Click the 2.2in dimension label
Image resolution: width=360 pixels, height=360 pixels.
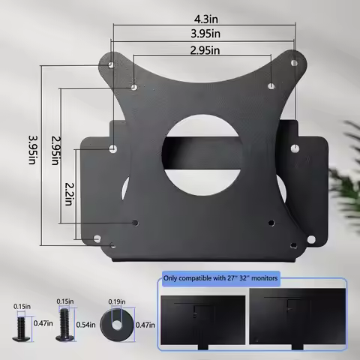(x=69, y=184)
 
